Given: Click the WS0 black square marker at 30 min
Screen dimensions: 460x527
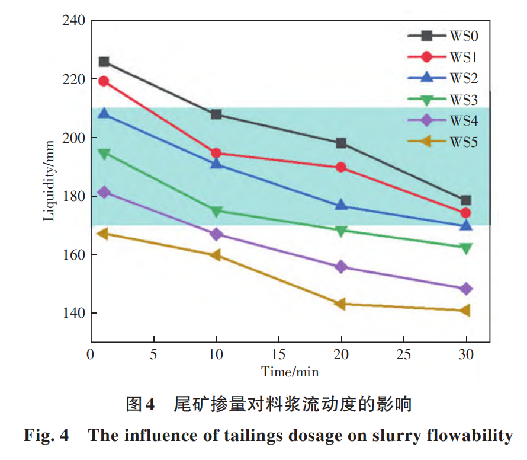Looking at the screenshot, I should click(466, 200).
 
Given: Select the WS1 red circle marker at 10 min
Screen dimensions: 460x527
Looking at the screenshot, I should click(216, 153).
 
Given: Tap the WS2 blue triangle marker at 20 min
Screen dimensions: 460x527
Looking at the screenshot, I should click(341, 205).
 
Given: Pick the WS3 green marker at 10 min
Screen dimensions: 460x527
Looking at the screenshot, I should click(216, 211).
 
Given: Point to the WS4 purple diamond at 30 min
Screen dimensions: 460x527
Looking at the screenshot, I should click(466, 289).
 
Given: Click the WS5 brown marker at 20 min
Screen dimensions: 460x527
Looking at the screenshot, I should click(340, 304).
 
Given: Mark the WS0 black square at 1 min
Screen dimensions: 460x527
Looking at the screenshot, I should click(104, 62).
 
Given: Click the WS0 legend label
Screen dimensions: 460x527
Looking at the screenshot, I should click(464, 36).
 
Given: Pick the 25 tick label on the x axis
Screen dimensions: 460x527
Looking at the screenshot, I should click(403, 354).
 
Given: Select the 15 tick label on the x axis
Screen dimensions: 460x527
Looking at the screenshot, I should click(278, 354).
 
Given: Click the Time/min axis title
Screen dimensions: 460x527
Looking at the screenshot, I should click(290, 372).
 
